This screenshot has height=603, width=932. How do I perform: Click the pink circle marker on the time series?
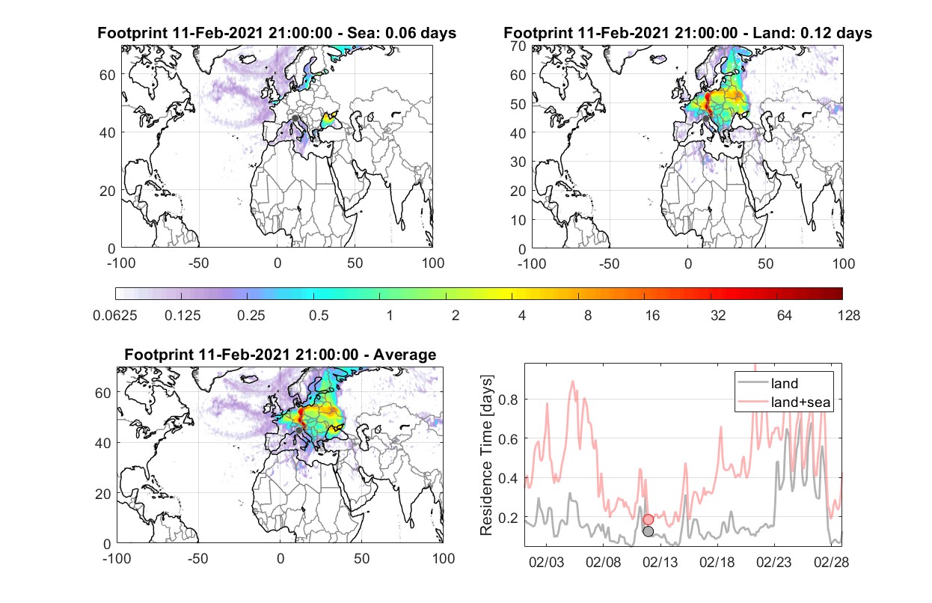(x=648, y=519)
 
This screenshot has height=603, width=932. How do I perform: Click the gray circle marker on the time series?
(x=648, y=531)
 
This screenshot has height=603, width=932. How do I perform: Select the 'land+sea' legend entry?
(x=784, y=402)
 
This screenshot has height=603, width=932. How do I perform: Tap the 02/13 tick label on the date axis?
(x=660, y=563)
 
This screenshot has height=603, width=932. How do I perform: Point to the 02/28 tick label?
(x=831, y=563)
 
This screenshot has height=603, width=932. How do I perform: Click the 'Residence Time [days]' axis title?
(x=486, y=456)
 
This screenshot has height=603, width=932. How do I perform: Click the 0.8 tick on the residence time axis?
(x=508, y=400)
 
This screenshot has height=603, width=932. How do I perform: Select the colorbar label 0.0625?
(x=115, y=316)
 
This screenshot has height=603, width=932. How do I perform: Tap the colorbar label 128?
(x=848, y=316)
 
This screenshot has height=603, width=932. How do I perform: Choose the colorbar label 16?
(x=652, y=316)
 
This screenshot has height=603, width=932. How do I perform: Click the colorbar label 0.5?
(x=319, y=316)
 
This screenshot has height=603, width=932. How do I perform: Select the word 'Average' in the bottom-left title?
(x=405, y=355)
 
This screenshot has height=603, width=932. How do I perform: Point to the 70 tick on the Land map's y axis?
(x=518, y=46)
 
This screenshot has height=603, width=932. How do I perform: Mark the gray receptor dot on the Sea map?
(x=295, y=118)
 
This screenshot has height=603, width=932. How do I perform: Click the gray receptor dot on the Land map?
(x=705, y=119)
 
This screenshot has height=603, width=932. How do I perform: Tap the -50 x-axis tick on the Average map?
(x=197, y=558)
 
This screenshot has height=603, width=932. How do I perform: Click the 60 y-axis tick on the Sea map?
(x=108, y=75)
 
